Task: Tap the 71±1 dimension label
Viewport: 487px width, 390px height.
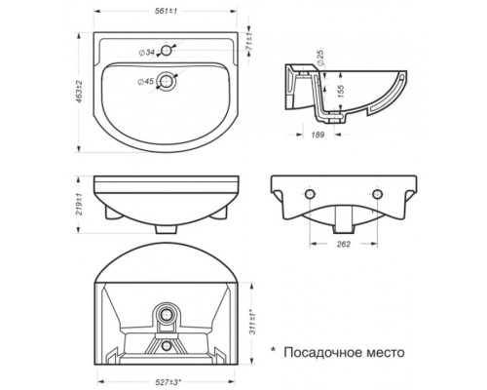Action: pos(251,46)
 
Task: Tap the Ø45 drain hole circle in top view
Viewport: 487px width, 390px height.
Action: pos(170,82)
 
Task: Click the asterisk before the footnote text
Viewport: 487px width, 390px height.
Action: pos(274,346)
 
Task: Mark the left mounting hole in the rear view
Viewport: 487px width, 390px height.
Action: pos(311,197)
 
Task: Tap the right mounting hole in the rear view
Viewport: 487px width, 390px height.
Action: pos(377,197)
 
